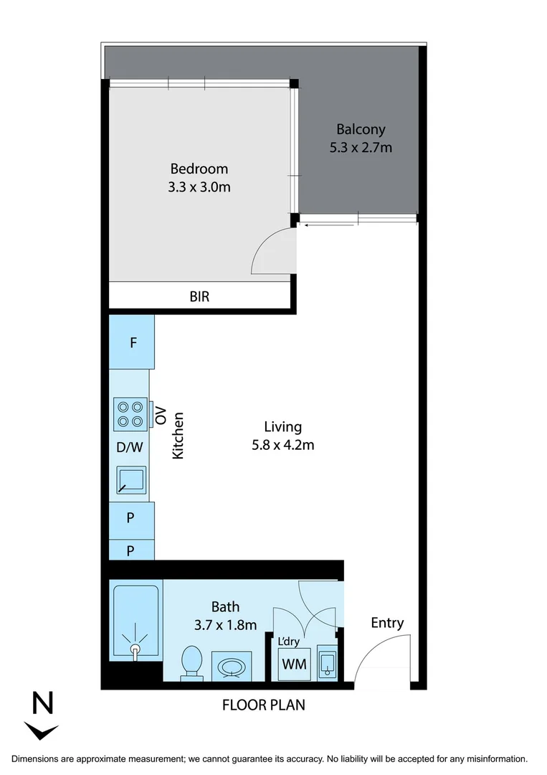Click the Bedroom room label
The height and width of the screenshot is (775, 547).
tap(199, 169)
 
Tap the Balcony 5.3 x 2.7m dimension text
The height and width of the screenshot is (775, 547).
tap(361, 148)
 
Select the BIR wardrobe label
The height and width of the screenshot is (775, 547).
tap(199, 296)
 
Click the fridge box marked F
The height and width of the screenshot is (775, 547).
tap(133, 343)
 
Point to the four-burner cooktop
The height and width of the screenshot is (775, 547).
tap(130, 414)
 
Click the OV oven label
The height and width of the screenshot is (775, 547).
tap(161, 414)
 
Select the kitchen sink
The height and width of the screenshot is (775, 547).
tap(131, 480)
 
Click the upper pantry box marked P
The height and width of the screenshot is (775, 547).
tap(131, 517)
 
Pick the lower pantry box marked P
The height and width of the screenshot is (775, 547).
tap(131, 550)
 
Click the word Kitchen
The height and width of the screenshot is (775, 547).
tap(179, 436)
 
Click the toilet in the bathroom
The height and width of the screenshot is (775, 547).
tap(191, 662)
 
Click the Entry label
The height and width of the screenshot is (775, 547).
tap(387, 623)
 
